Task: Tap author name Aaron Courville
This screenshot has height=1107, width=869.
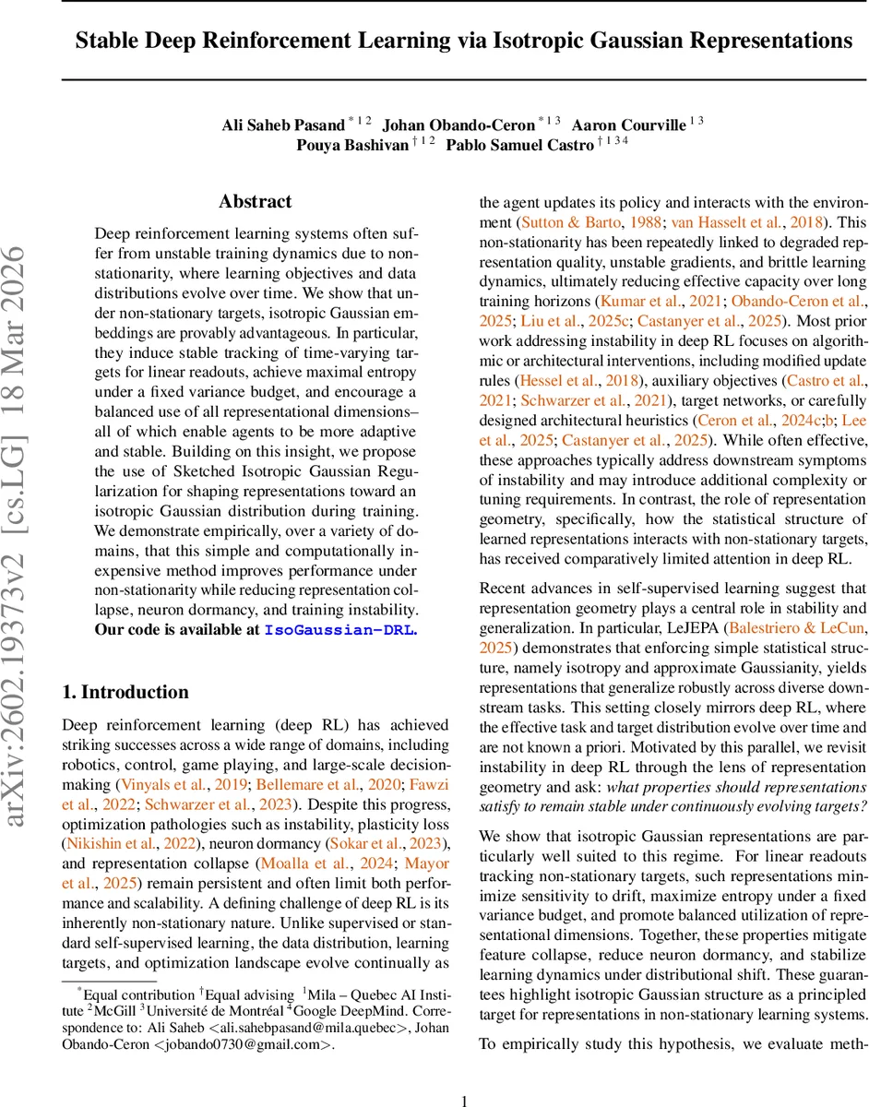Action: click(629, 125)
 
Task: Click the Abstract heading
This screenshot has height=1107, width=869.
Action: click(256, 201)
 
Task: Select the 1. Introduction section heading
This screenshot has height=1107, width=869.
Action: click(125, 692)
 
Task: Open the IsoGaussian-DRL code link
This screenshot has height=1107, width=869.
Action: click(340, 631)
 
